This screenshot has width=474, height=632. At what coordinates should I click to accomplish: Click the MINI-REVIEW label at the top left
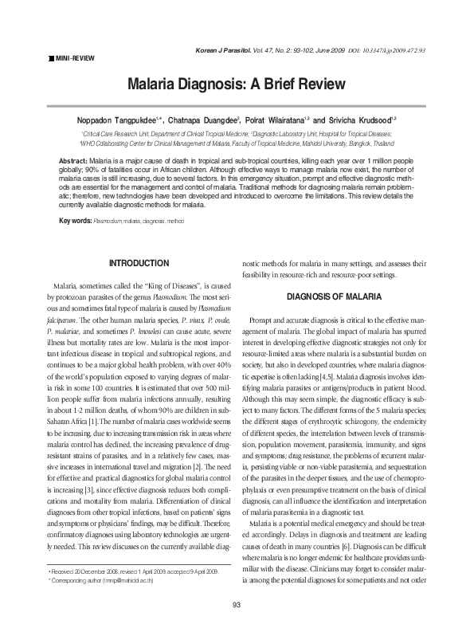coord(73,58)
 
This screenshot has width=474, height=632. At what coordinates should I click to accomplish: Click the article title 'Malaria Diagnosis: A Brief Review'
coord(237,84)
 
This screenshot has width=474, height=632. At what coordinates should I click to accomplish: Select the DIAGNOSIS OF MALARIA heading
coord(335,296)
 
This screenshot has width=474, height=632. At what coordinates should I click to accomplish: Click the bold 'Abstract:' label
coord(76,161)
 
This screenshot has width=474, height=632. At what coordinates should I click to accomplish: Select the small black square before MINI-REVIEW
coord(51,58)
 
